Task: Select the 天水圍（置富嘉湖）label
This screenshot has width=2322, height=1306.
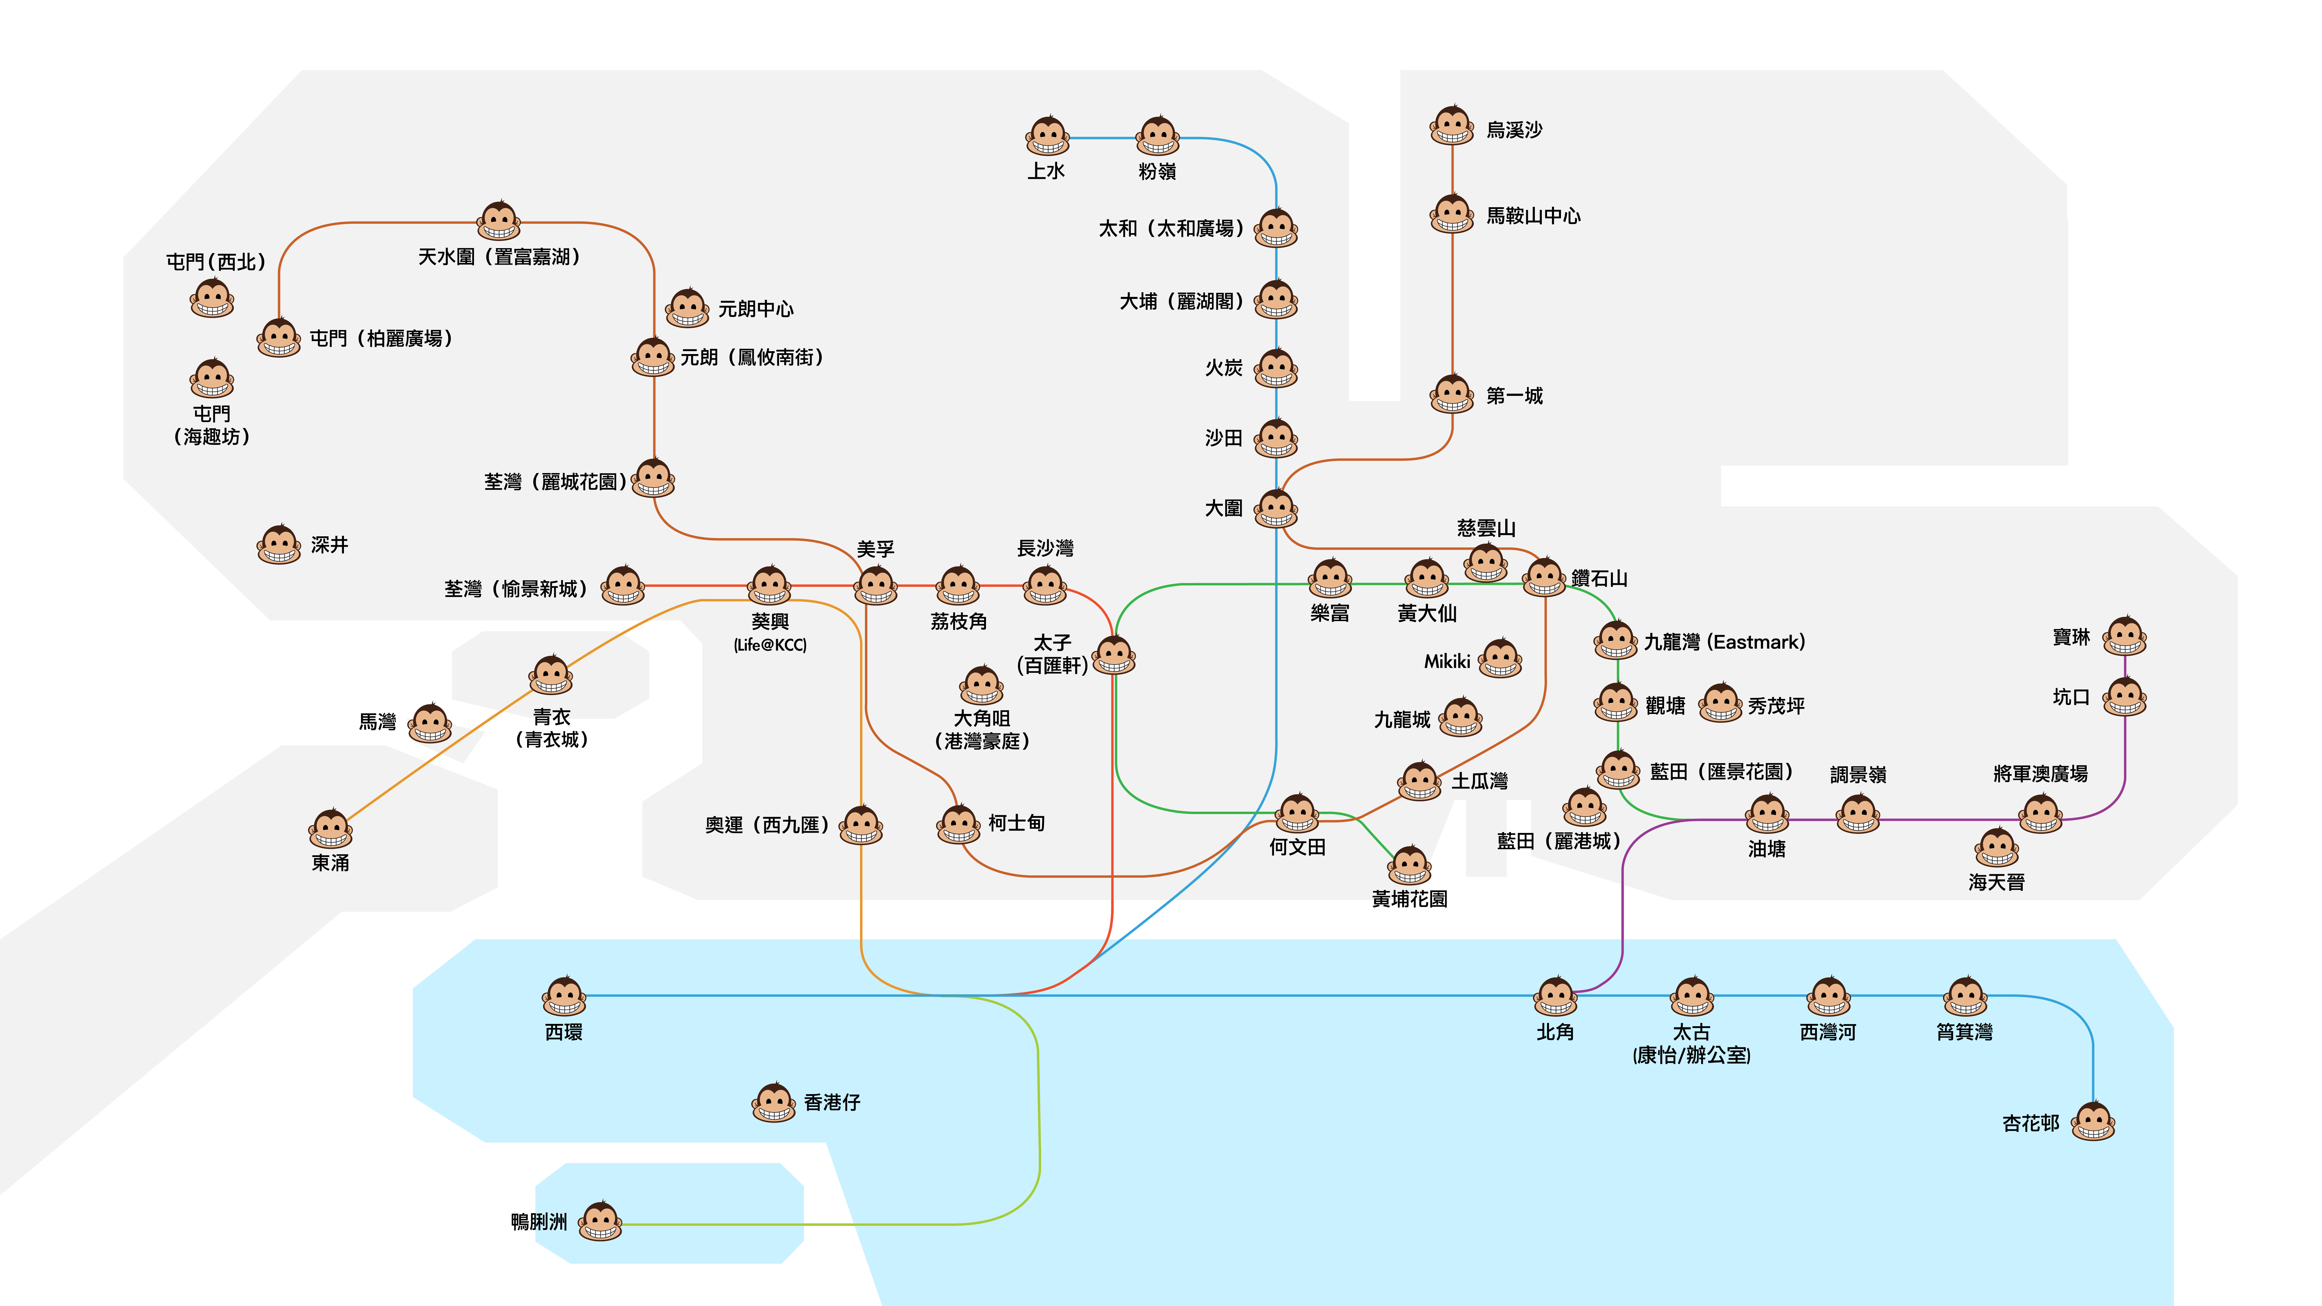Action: [498, 257]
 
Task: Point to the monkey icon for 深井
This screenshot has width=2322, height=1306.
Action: [280, 544]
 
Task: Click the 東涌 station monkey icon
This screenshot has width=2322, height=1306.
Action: [331, 829]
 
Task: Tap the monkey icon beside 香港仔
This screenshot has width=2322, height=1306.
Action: [774, 1102]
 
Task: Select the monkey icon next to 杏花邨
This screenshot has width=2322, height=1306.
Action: [2093, 1122]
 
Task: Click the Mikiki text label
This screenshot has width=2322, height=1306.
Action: [1447, 662]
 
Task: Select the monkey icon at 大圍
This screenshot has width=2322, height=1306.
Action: [1277, 508]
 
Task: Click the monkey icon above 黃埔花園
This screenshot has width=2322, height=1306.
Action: [1410, 865]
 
